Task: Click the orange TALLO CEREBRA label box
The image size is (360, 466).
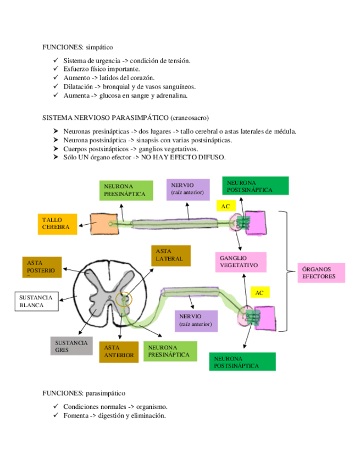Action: click(x=57, y=224)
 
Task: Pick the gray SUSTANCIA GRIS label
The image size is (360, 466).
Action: click(x=71, y=346)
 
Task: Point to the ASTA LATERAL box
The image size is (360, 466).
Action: click(x=170, y=255)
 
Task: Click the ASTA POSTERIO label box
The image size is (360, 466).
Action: click(x=42, y=267)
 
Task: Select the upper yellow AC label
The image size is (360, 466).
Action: click(x=226, y=206)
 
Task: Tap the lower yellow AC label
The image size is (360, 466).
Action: click(x=259, y=293)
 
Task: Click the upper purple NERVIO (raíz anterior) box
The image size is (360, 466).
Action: click(x=187, y=189)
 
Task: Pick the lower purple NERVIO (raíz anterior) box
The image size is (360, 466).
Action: click(x=195, y=320)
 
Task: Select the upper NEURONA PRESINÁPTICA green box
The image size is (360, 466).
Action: click(x=125, y=190)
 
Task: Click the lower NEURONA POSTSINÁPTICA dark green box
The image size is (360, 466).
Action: click(x=242, y=362)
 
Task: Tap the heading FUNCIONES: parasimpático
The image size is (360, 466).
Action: click(x=84, y=393)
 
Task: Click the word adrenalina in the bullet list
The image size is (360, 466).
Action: click(x=172, y=96)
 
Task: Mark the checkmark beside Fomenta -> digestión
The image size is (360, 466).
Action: click(x=56, y=415)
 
